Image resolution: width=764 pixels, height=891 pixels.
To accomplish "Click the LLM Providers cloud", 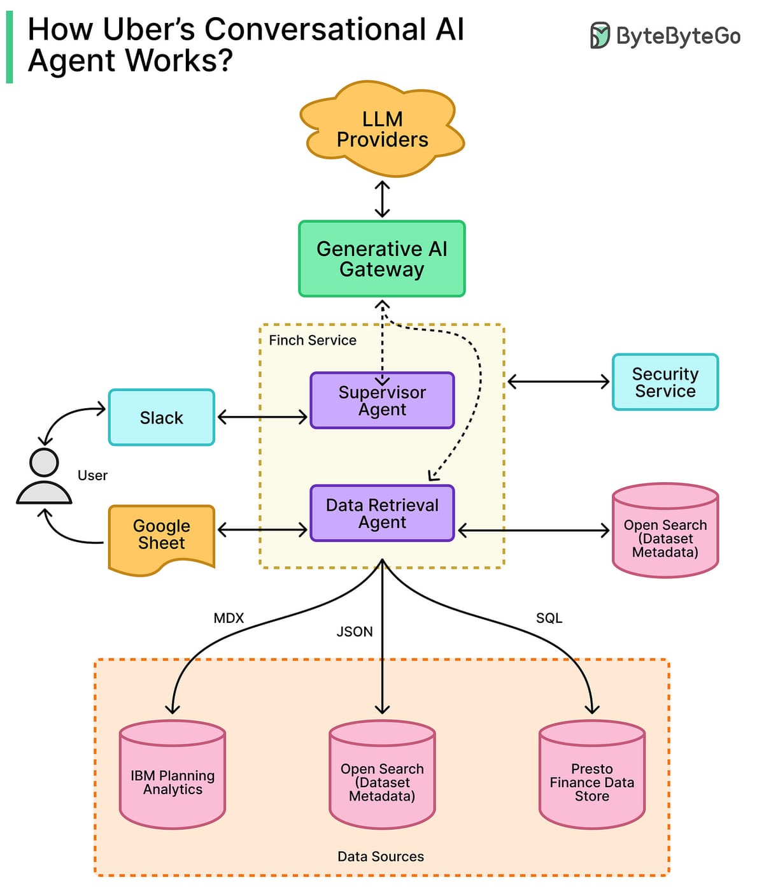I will tap(382, 129).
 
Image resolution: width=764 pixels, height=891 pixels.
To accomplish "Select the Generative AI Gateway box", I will tap(382, 259).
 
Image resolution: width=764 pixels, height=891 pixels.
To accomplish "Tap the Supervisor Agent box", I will tap(382, 401).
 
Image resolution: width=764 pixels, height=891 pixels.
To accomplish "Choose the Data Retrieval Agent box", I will tap(382, 513).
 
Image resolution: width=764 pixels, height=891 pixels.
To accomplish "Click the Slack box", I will tap(162, 418).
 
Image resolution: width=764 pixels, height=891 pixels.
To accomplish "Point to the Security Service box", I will tap(665, 382).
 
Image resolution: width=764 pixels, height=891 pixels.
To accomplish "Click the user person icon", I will tap(44, 478).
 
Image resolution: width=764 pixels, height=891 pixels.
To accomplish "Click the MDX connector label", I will tap(229, 618).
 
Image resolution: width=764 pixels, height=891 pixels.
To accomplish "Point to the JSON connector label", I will tap(355, 632).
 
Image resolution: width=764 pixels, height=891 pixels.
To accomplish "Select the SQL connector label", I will tap(549, 618).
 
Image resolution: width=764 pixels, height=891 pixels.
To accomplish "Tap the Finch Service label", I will tap(313, 340).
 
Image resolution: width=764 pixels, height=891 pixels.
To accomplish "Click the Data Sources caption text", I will tap(381, 857).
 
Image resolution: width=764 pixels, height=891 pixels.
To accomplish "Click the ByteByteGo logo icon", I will tap(599, 36).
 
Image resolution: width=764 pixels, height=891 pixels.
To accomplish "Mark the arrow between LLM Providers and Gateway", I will tap(382, 199).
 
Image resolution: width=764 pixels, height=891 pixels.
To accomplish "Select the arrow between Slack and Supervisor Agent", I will tap(262, 418).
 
